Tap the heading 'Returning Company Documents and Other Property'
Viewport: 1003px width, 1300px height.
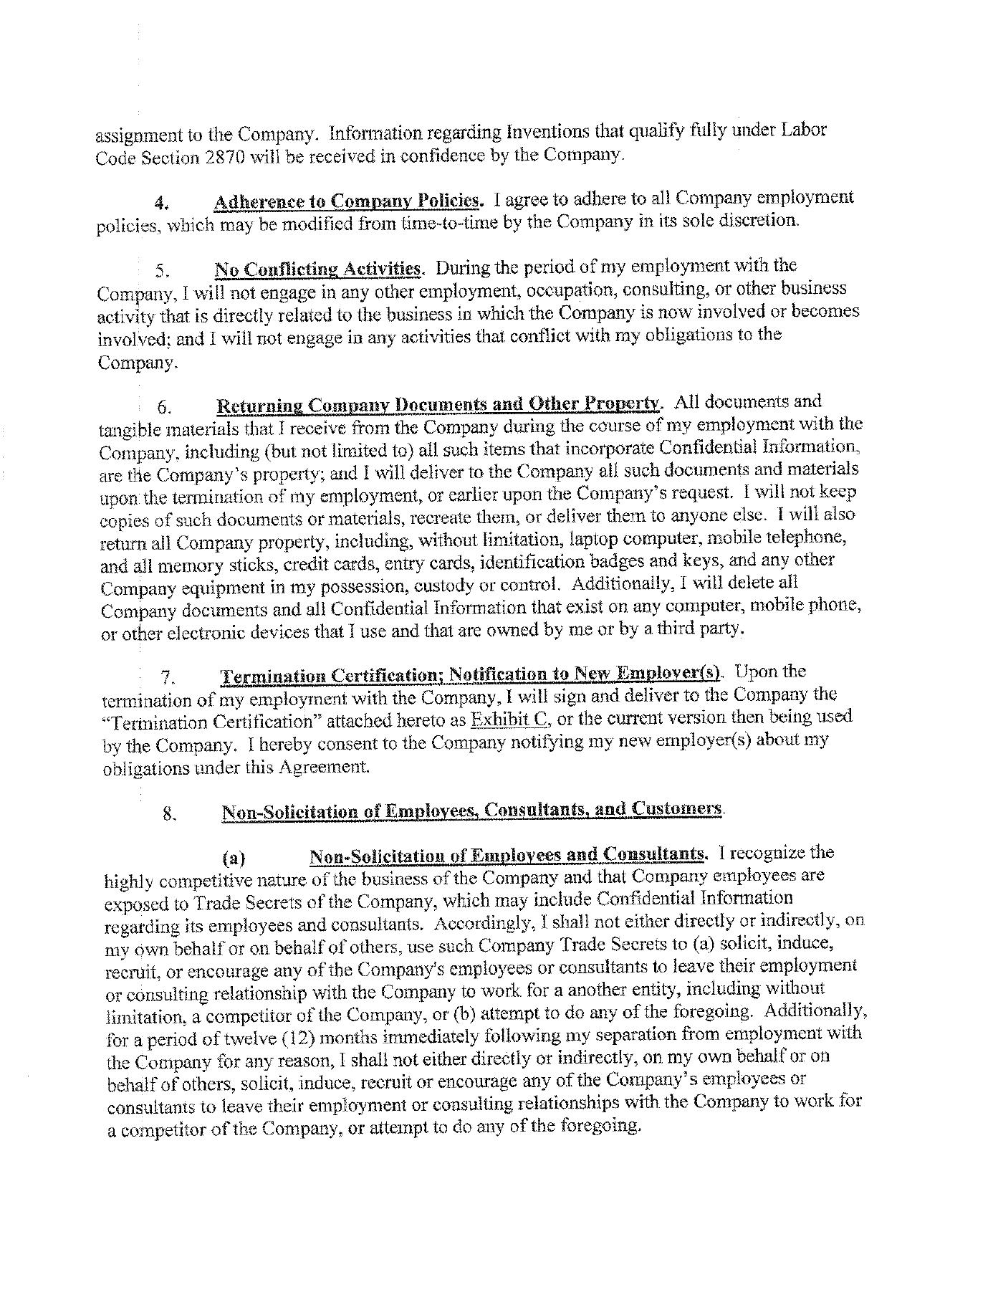click(x=437, y=404)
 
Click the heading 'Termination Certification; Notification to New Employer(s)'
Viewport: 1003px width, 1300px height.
click(x=472, y=675)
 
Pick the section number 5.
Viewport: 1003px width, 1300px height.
click(x=161, y=272)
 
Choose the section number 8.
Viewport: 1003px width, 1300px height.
click(x=170, y=813)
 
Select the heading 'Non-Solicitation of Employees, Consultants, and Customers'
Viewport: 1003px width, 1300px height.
click(x=472, y=811)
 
